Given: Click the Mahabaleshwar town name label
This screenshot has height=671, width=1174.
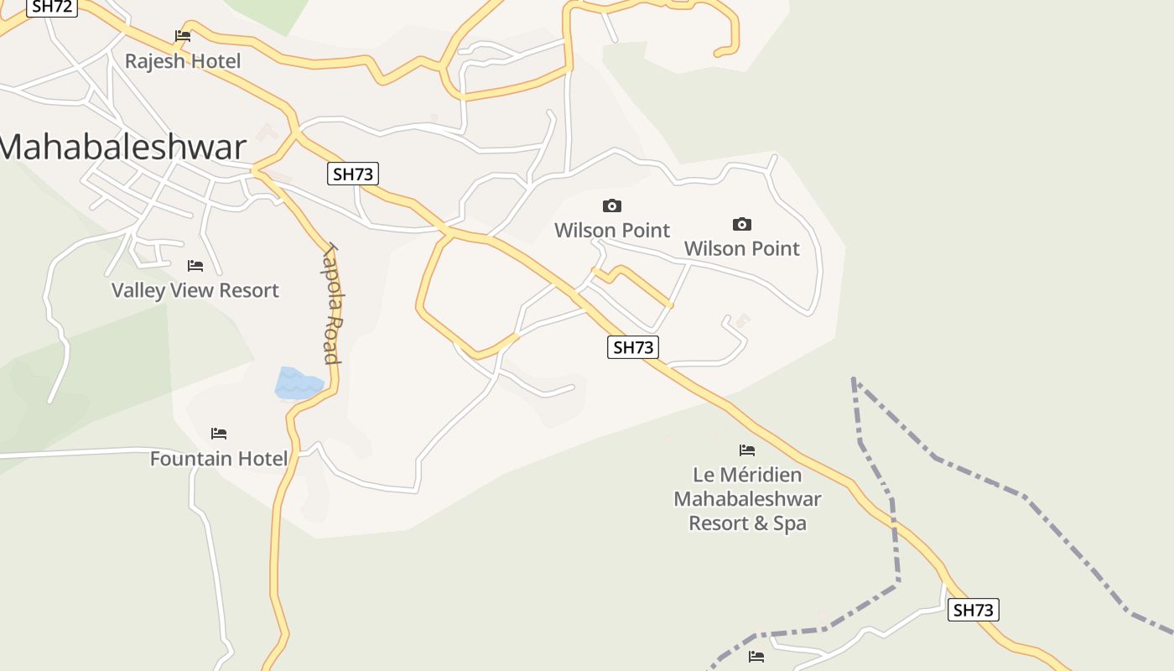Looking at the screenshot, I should (x=123, y=147).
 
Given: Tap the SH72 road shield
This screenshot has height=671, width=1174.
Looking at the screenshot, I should (x=53, y=8).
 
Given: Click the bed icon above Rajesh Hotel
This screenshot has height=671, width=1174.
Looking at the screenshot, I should (x=183, y=36).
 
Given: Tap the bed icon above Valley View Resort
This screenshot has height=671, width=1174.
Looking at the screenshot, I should (x=195, y=266).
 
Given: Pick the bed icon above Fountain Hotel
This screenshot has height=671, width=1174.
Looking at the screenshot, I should (x=219, y=434).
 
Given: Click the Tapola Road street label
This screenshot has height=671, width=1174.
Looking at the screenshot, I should (x=332, y=304).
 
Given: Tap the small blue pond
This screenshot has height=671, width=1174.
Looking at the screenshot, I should (x=297, y=383).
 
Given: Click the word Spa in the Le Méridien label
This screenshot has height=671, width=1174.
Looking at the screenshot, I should (x=790, y=523).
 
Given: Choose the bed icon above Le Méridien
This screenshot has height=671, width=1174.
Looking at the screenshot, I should (x=747, y=450).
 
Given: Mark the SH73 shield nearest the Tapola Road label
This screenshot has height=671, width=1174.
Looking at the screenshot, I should (x=353, y=174).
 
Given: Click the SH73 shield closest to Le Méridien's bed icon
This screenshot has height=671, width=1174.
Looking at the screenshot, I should (x=633, y=346).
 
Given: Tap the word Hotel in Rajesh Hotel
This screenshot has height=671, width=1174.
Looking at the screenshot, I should (x=216, y=61).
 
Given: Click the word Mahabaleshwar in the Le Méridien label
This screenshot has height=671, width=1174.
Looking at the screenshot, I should (x=747, y=499).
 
